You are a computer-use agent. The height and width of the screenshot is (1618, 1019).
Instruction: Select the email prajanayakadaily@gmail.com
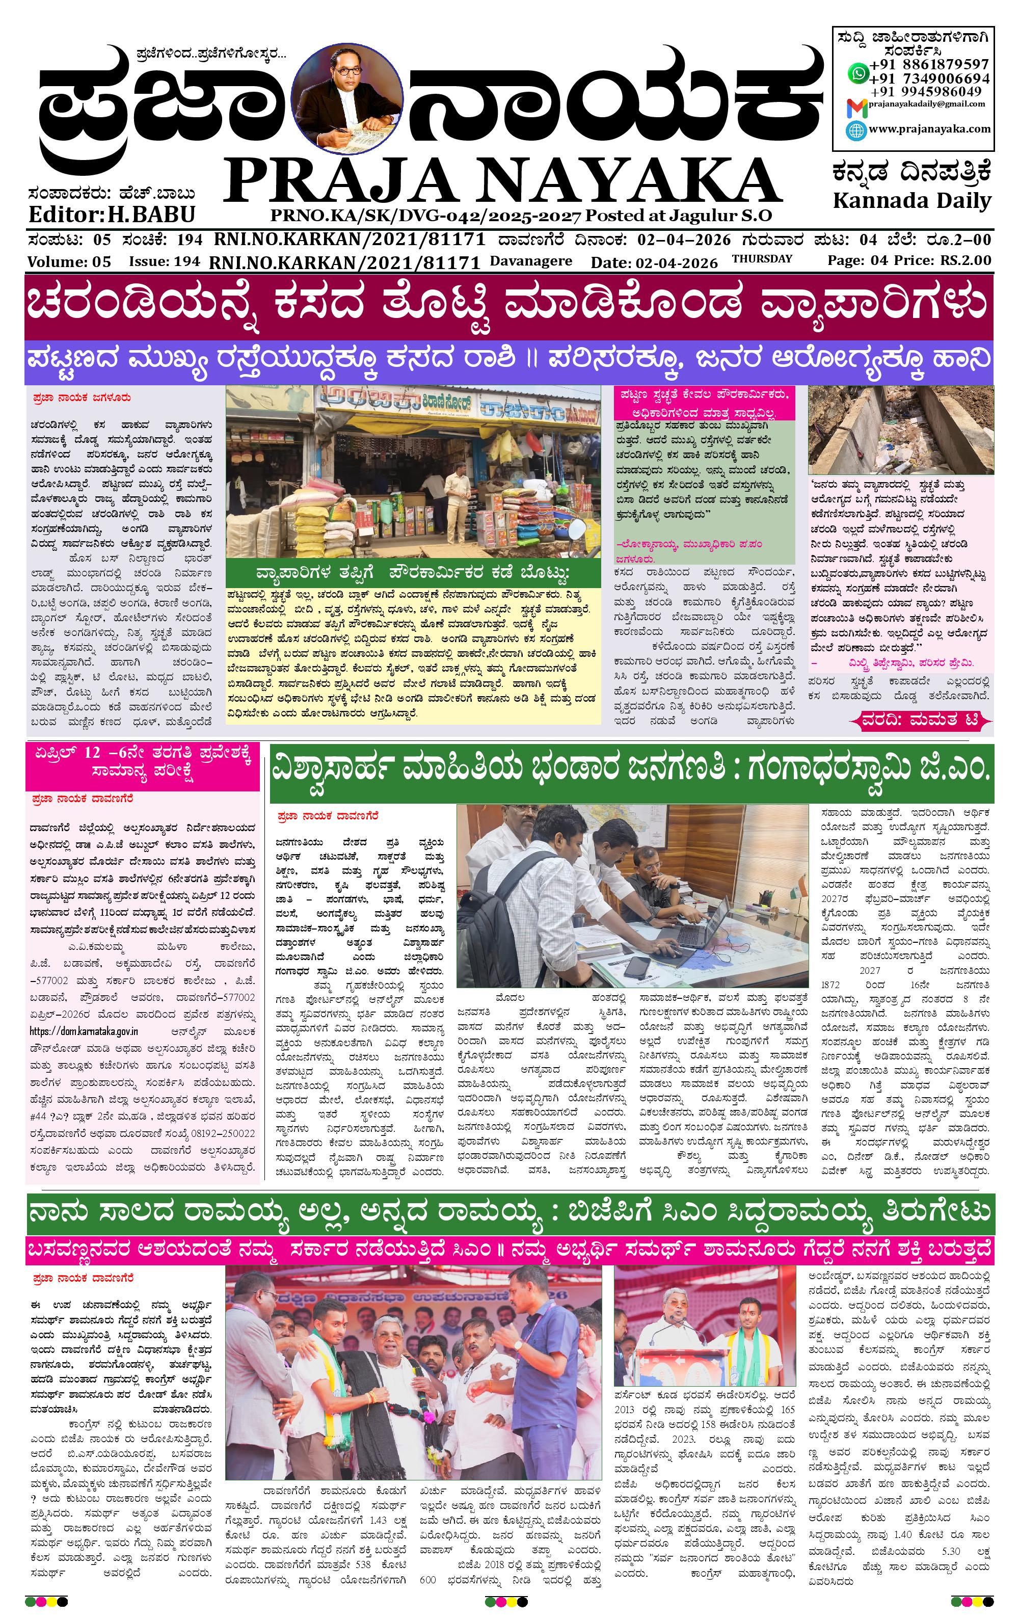pyautogui.click(x=926, y=104)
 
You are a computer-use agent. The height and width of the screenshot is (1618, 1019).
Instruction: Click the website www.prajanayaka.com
pyautogui.click(x=929, y=129)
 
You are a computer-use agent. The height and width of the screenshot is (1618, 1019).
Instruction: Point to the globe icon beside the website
pyautogui.click(x=856, y=130)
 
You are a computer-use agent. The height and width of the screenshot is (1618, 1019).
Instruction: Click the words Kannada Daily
pyautogui.click(x=911, y=200)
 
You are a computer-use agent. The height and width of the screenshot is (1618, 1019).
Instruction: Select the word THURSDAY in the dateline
pyautogui.click(x=762, y=259)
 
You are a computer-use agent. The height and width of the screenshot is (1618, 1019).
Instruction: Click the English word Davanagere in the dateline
pyautogui.click(x=531, y=261)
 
